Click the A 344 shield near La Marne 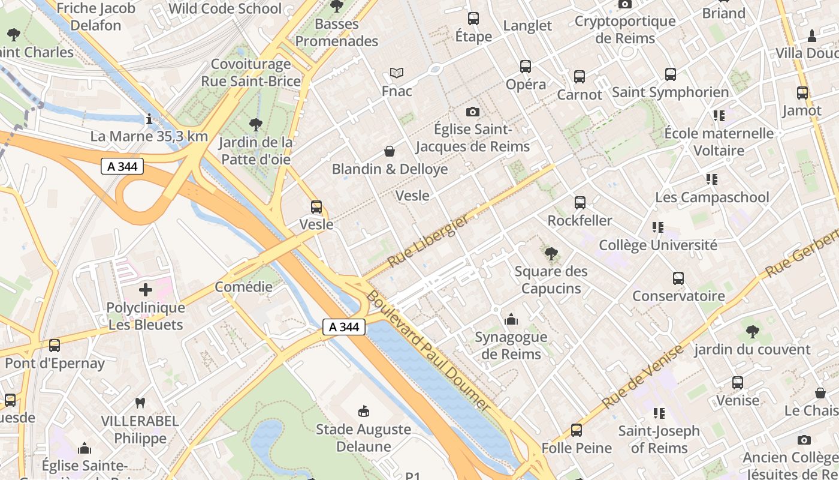point(122,166)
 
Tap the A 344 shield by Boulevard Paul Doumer point(344,327)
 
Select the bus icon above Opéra point(526,67)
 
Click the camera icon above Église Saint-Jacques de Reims point(473,112)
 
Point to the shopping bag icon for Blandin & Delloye point(390,151)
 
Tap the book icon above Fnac point(397,73)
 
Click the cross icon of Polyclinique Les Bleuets point(146,290)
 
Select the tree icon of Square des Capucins point(551,254)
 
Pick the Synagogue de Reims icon point(511,319)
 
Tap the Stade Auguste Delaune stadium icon point(363,411)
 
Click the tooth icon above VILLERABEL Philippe point(140,403)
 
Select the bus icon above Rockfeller point(580,203)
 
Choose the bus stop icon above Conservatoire point(678,278)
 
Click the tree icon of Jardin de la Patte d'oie point(255,125)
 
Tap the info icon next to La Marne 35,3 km point(149,119)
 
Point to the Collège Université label point(658,245)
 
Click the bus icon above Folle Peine point(577,430)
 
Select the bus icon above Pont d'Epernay point(55,346)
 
